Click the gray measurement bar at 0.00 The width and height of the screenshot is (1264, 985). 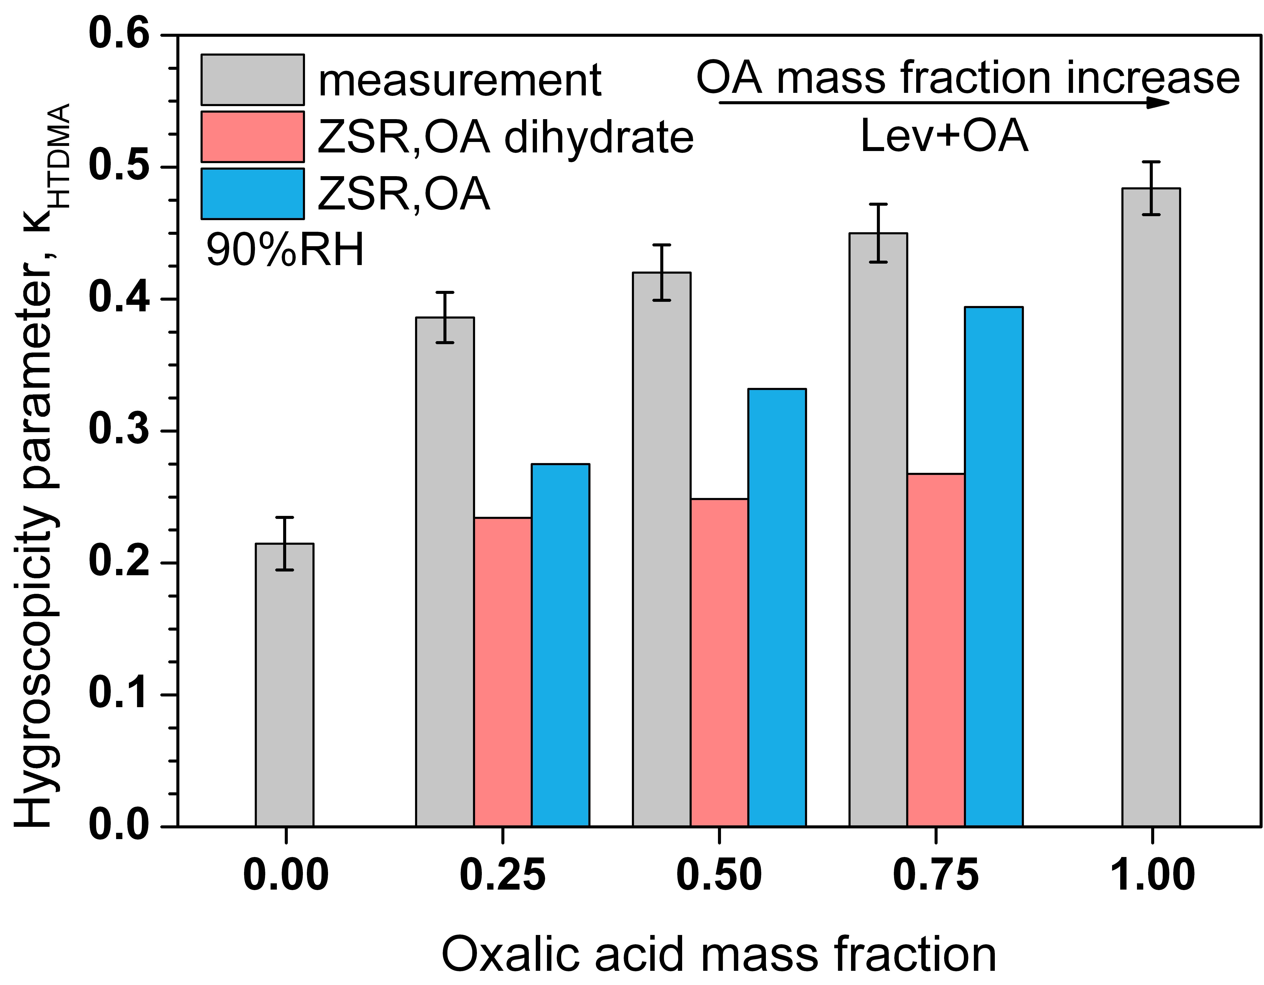[285, 683]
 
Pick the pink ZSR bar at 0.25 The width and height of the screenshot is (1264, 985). [502, 671]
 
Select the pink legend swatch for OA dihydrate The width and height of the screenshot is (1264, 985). [252, 137]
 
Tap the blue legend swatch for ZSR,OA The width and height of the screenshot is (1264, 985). [252, 194]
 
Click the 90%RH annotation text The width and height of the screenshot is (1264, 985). [285, 251]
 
